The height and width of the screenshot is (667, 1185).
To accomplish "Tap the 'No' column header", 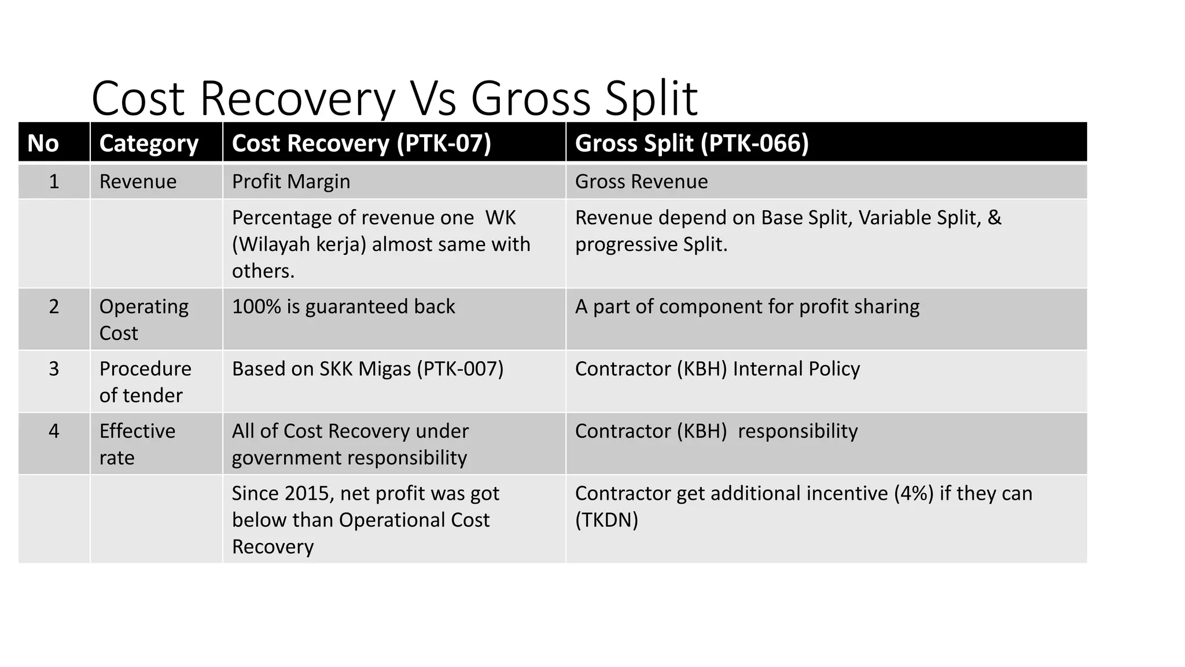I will coord(43,143).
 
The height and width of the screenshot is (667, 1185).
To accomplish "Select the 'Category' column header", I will coord(149,143).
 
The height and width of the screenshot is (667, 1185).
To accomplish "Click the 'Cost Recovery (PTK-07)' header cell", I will coord(361,143).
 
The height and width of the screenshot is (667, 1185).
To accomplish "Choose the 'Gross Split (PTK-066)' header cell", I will coord(691,143).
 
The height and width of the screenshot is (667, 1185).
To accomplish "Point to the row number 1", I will coord(54,182).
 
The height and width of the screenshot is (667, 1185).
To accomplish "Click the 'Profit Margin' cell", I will coord(291,182).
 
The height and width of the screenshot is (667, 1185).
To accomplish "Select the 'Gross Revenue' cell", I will coord(641,182).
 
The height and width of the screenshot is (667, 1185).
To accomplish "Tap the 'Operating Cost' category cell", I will coord(143,320).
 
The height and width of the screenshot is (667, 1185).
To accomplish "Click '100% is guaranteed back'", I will coord(343,306).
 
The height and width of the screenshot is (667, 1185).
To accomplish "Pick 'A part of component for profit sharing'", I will coord(747,306).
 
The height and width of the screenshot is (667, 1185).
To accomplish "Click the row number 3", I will coord(54,369).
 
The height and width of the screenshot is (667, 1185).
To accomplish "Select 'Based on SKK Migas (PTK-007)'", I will coord(367,369).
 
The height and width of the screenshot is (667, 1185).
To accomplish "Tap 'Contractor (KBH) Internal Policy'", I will coord(717,369).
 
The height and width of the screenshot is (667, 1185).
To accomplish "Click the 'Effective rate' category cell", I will coord(137,444).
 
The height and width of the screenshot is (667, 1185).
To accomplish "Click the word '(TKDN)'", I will coord(606,520).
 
